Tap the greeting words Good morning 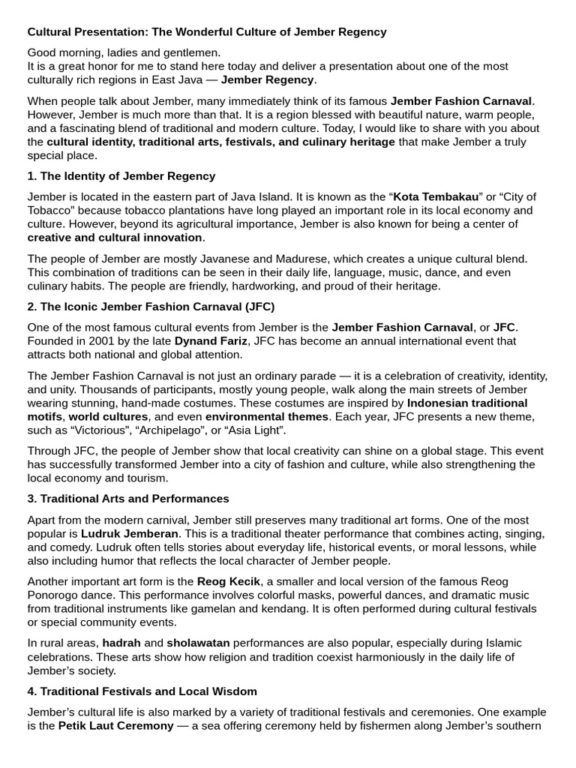pos(62,52)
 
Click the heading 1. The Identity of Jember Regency pos(121,176)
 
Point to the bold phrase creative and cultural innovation pos(115,238)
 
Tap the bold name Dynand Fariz pos(212,340)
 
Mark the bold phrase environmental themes pos(267,416)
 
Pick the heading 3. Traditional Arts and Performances pos(128,499)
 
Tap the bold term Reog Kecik pos(226,581)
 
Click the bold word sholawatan pos(199,643)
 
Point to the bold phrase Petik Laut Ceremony pos(115,726)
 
